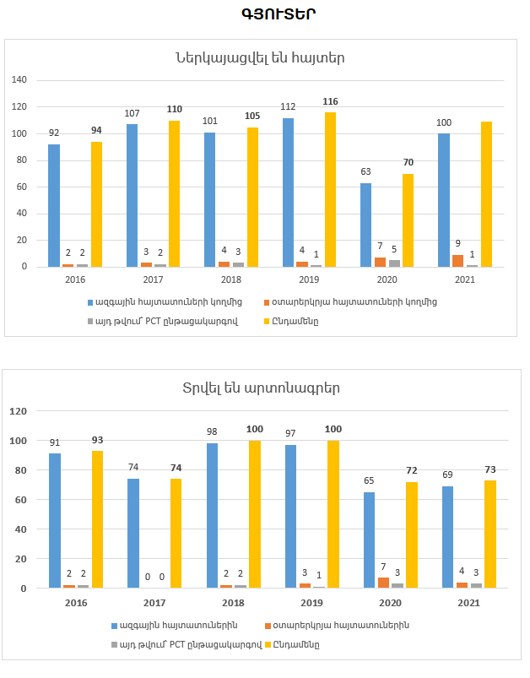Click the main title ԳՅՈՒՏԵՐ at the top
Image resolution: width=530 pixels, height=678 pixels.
[265, 14]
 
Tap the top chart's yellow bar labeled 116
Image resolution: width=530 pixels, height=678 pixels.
[331, 189]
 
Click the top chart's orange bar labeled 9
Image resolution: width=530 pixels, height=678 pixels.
[457, 261]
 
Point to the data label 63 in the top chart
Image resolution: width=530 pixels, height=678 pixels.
[365, 171]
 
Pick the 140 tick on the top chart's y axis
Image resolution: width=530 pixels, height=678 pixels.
[19, 80]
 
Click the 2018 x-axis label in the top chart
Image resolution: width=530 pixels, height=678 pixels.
[230, 279]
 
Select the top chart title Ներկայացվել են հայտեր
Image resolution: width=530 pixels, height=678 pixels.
[260, 58]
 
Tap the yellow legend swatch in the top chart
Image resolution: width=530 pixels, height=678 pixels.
[268, 321]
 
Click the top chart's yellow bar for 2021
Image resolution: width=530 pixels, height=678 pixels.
[486, 194]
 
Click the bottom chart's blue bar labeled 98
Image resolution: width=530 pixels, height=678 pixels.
[212, 515]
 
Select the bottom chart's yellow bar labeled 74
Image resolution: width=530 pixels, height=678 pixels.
[176, 533]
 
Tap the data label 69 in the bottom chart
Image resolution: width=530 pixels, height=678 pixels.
[447, 475]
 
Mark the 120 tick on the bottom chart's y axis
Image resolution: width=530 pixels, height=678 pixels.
[19, 411]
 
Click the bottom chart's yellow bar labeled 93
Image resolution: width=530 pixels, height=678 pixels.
[97, 519]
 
